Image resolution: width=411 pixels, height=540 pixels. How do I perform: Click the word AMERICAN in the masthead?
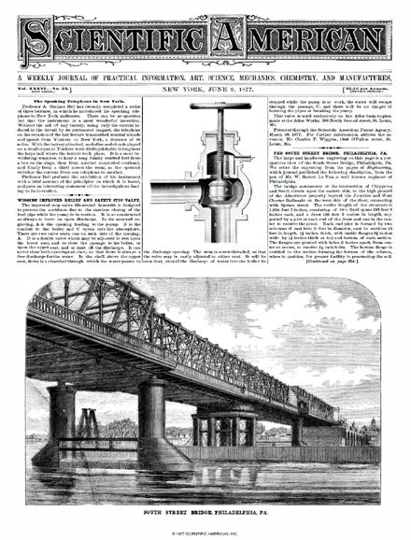pos(297,40)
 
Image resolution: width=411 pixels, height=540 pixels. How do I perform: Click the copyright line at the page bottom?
pos(205,533)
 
